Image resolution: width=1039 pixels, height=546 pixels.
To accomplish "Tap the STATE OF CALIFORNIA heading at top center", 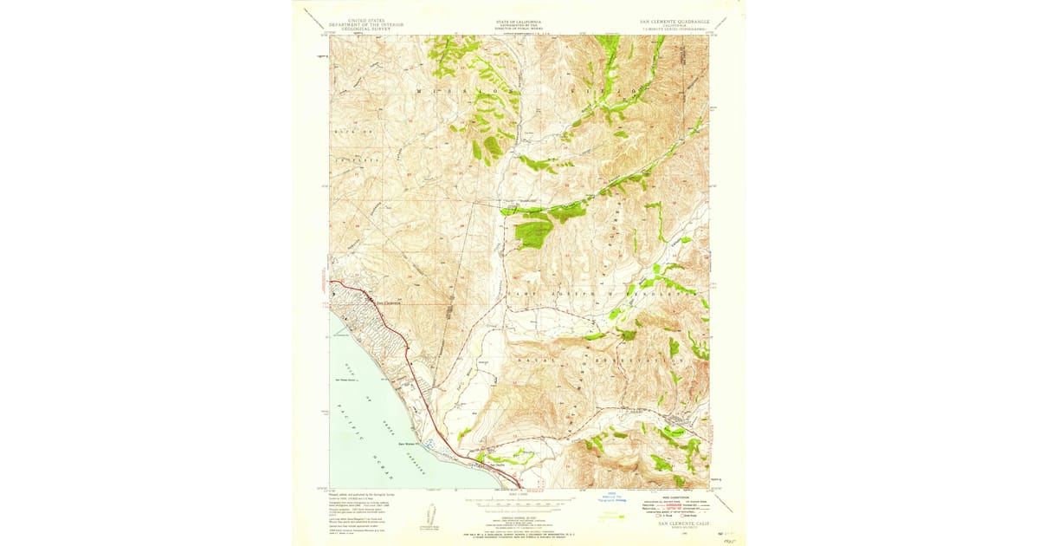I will (519, 19).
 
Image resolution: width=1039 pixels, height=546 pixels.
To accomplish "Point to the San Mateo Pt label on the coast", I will (408, 445).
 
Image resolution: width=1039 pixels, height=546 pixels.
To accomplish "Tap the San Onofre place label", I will (494, 465).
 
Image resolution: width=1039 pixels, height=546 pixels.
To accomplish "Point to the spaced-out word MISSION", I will (470, 89).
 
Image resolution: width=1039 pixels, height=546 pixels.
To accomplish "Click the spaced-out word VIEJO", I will (616, 89).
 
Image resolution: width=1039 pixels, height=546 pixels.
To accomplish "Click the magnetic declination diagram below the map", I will (431, 512).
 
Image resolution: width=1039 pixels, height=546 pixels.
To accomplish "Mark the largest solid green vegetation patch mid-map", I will (532, 232).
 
